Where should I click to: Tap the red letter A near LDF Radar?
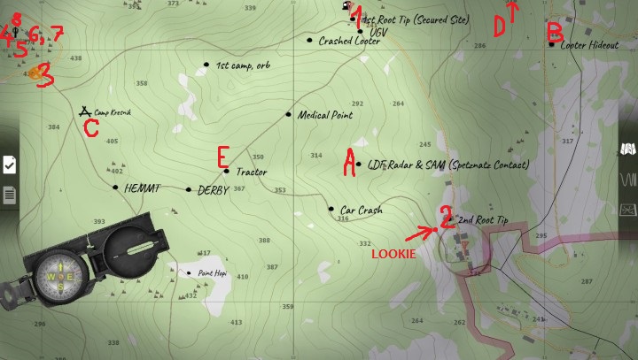(350, 160)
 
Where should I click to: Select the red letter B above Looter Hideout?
(555, 33)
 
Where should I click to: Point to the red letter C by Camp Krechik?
(90, 129)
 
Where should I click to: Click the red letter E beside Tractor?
(223, 157)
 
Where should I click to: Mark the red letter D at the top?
(499, 27)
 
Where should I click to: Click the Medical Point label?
(324, 115)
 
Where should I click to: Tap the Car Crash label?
(361, 211)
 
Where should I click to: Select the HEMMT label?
(142, 188)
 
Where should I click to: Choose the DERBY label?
(214, 190)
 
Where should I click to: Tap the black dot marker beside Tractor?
(227, 172)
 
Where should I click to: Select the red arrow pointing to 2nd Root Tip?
(421, 234)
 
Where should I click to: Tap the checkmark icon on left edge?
(9, 164)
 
